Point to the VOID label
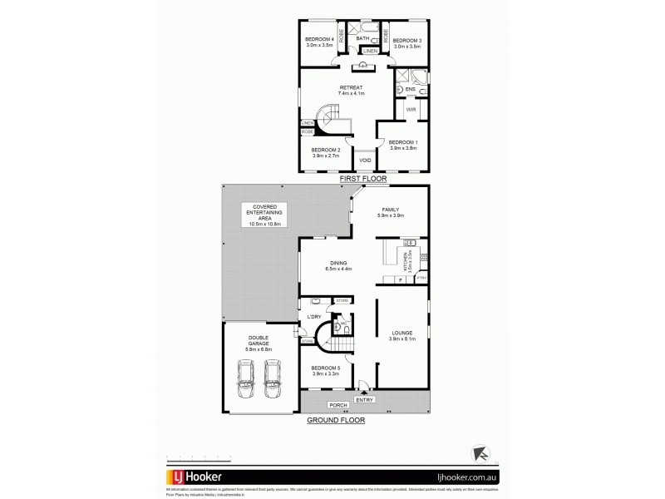point(364,161)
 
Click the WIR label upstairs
point(410,109)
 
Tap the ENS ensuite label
point(409,89)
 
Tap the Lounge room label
point(402,335)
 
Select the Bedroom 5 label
point(327,370)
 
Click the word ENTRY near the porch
point(364,399)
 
